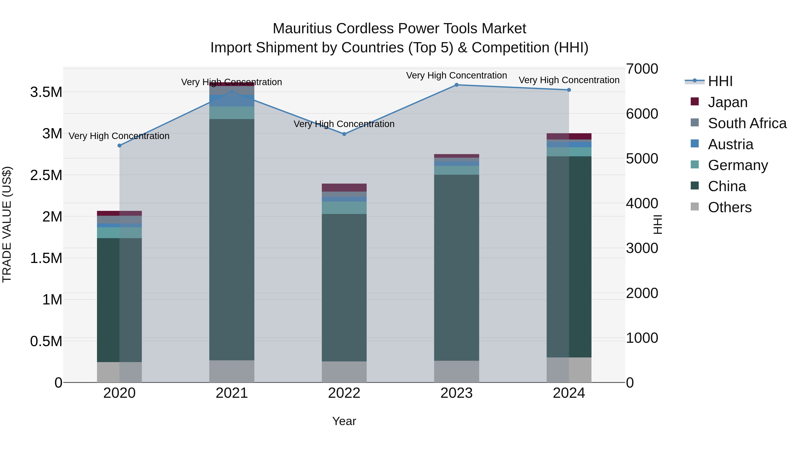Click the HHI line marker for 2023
456,85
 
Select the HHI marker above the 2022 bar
344,134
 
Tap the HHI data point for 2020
119,145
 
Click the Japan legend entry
727,102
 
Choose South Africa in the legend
747,123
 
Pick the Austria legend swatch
695,144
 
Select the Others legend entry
730,207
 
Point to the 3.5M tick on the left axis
46,92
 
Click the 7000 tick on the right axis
642,69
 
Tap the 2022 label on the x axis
344,393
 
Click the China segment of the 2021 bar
232,239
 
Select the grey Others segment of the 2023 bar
456,371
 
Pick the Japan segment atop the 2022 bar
344,187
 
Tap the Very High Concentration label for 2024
569,80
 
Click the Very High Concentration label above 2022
344,124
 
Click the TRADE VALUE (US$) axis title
7,224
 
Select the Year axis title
344,421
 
